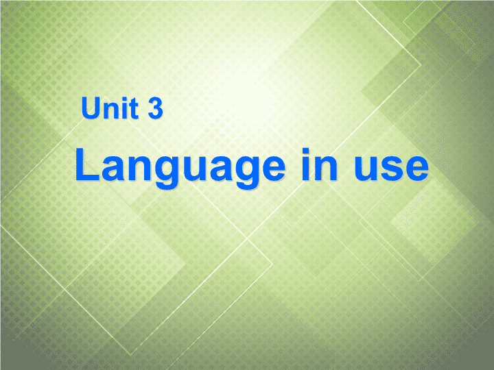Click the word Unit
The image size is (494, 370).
click(110, 108)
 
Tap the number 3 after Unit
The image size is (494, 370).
click(155, 108)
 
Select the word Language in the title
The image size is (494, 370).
click(180, 167)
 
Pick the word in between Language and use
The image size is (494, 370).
click(319, 164)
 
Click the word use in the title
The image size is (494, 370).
click(391, 169)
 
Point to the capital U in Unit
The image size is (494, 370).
click(91, 108)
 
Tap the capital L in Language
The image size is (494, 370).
click(87, 164)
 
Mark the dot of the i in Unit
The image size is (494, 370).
click(124, 99)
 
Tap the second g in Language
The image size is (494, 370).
click(247, 173)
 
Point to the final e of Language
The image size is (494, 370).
click(273, 169)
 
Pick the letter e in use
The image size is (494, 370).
click(416, 169)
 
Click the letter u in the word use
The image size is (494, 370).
click(366, 169)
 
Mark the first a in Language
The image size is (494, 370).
click(113, 169)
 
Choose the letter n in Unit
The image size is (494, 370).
click(110, 111)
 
